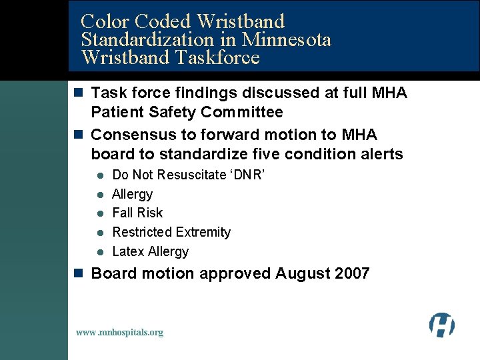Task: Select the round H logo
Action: pyautogui.click(x=441, y=325)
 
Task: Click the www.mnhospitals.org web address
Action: pyautogui.click(x=119, y=332)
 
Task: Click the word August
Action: pyautogui.click(x=299, y=273)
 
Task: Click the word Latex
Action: pyautogui.click(x=129, y=251)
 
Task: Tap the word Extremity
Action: pyautogui.click(x=205, y=232)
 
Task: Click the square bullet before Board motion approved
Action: pyautogui.click(x=79, y=273)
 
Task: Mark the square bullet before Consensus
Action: pyautogui.click(x=79, y=135)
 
